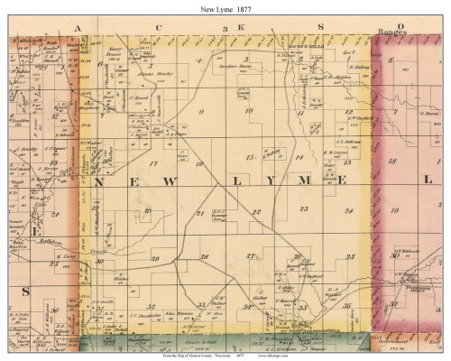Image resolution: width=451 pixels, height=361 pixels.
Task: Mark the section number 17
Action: pyautogui.click(x=154, y=163)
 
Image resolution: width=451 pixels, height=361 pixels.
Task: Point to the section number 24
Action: pyautogui.click(x=347, y=209)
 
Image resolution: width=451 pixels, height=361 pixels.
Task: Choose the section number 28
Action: pyautogui.click(x=205, y=257)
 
